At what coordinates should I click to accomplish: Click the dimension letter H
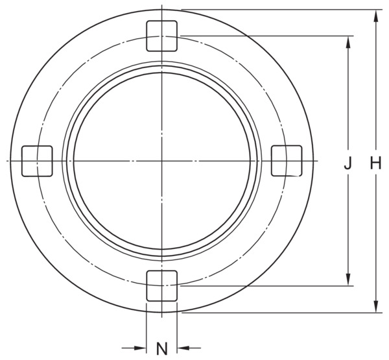pyautogui.click(x=375, y=164)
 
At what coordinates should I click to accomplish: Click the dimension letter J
pyautogui.click(x=348, y=164)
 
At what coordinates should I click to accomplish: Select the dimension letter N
pyautogui.click(x=161, y=348)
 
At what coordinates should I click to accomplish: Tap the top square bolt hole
pyautogui.click(x=161, y=36)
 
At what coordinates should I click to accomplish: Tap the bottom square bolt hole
pyautogui.click(x=161, y=286)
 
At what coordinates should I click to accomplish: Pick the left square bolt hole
pyautogui.click(x=37, y=161)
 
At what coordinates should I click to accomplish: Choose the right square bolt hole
pyautogui.click(x=287, y=161)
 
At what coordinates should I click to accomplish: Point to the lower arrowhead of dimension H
pyautogui.click(x=376, y=306)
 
